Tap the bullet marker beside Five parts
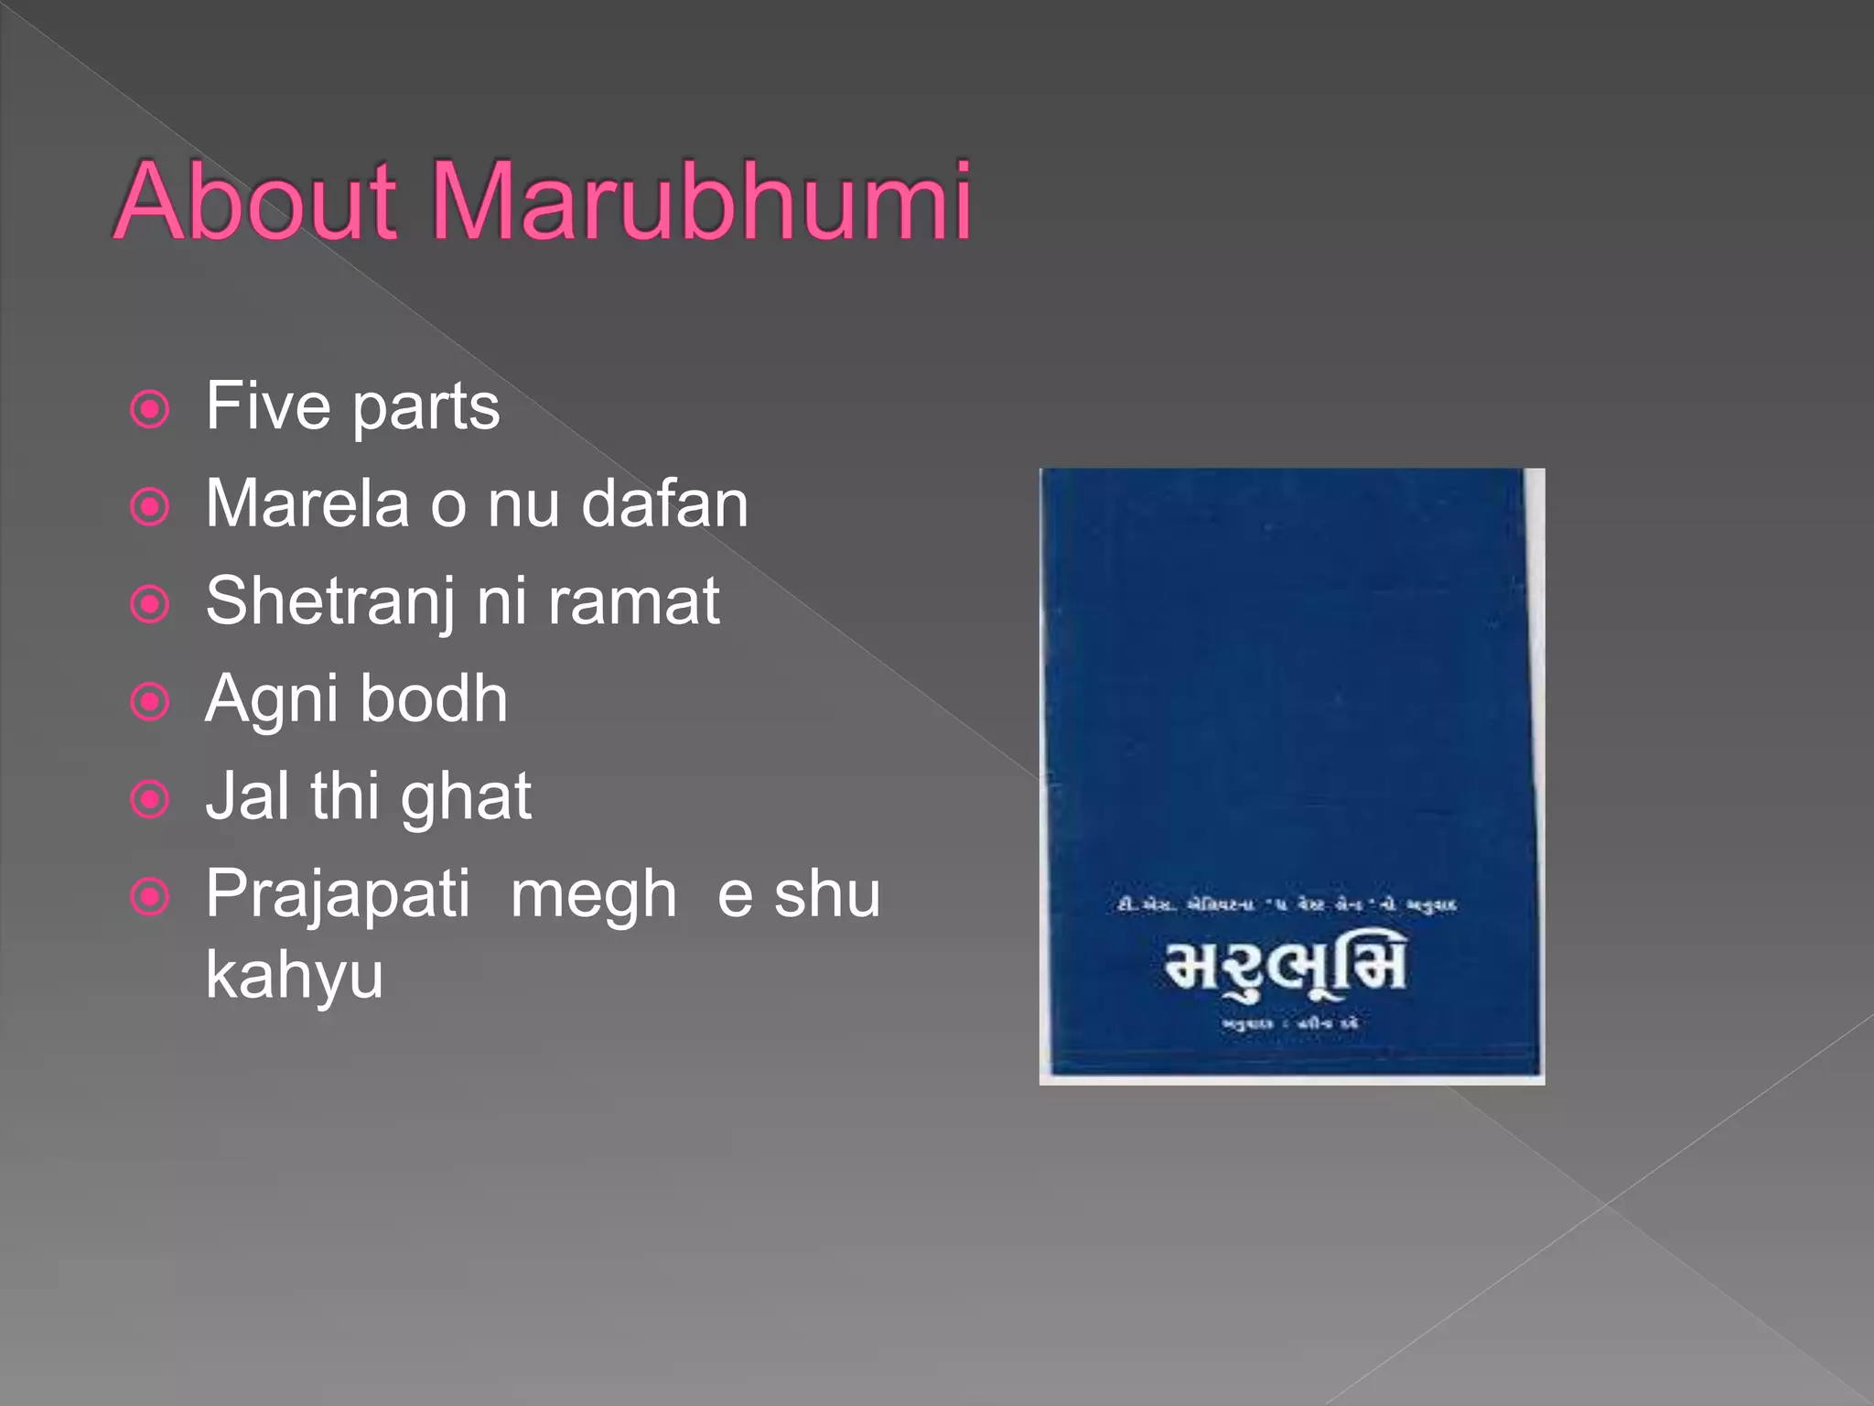[150, 409]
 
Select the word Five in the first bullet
[267, 406]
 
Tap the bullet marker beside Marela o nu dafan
[150, 507]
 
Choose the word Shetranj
[329, 602]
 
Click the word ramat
[634, 602]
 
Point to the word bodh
[434, 699]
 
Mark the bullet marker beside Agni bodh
[150, 702]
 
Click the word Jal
[246, 796]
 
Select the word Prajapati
[338, 895]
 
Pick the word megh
[594, 895]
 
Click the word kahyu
[294, 976]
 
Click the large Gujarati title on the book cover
[1286, 967]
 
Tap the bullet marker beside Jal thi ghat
[150, 800]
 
